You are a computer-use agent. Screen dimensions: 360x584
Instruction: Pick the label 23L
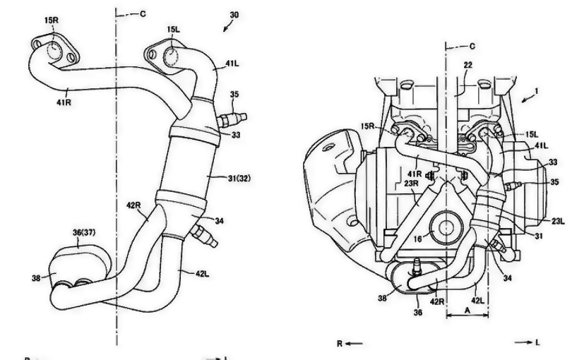[x=558, y=220]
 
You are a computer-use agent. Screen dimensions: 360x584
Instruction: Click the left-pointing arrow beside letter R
[x=354, y=344]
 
